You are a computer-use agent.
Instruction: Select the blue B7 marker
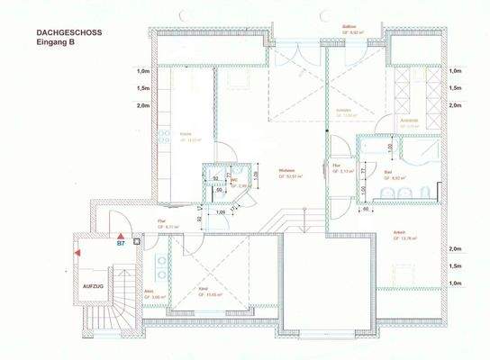tap(120, 243)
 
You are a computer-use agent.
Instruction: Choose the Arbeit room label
tap(397, 234)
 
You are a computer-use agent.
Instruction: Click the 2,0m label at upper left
tap(142, 104)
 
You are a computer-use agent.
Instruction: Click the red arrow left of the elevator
tap(78, 256)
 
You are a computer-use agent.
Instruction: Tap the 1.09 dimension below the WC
tap(222, 212)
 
